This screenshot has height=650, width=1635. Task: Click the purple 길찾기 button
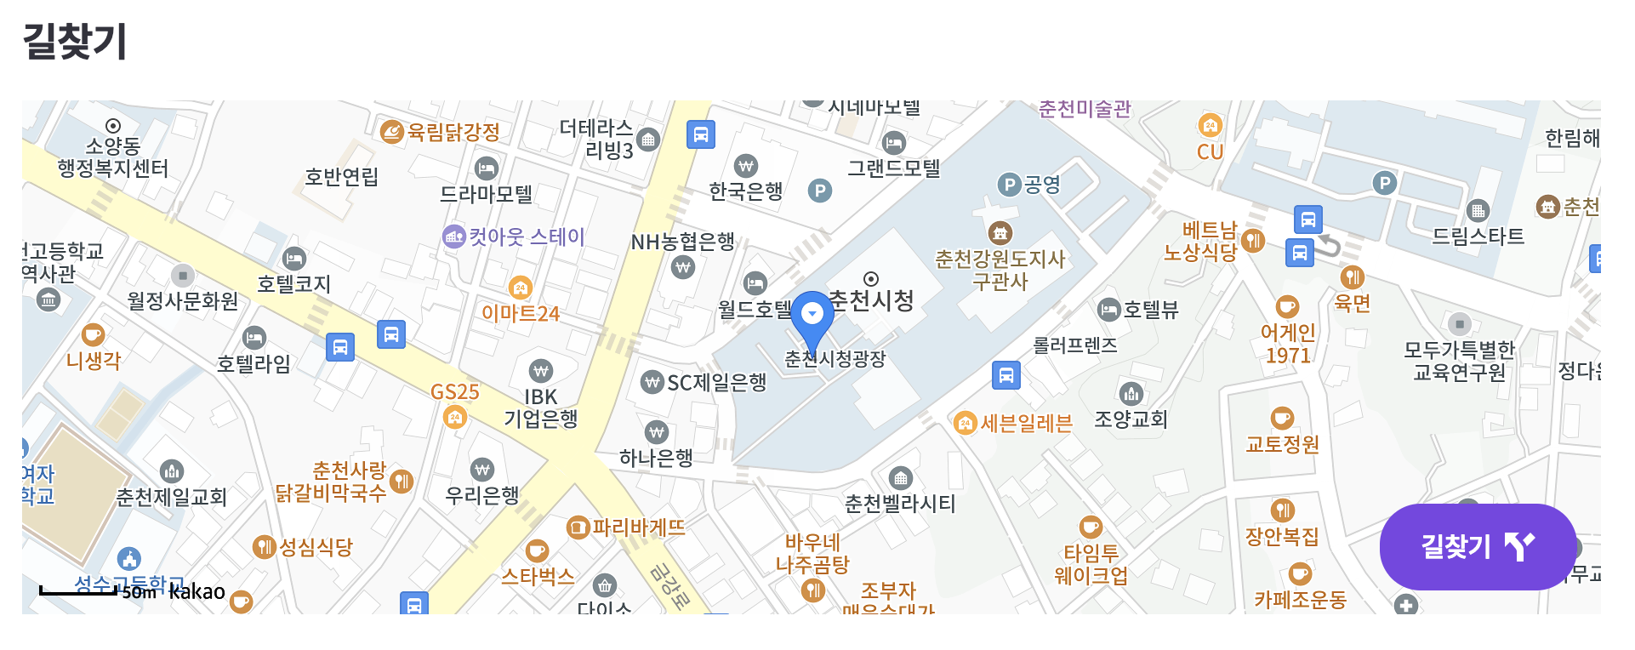(x=1478, y=546)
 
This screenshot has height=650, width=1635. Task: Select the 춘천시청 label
(x=871, y=300)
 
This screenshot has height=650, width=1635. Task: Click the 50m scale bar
(x=78, y=590)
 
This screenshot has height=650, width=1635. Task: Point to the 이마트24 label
(x=521, y=313)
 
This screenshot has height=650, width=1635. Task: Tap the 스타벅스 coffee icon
(x=537, y=551)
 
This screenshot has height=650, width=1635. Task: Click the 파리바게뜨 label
(x=638, y=527)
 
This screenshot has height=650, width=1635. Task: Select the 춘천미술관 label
(x=1085, y=109)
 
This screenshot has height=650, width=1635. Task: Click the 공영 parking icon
(x=1009, y=184)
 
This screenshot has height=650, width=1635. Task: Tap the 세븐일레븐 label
(x=1027, y=423)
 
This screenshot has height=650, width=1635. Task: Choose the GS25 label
(x=454, y=392)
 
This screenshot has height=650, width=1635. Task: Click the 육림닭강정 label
(x=453, y=132)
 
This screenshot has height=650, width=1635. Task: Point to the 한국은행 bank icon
(x=746, y=165)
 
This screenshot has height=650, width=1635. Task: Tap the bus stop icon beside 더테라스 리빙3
(x=700, y=134)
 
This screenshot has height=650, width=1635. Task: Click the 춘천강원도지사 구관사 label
(x=1000, y=270)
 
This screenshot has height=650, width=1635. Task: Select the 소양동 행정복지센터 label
(x=113, y=157)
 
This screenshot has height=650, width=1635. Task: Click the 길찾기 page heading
(x=75, y=41)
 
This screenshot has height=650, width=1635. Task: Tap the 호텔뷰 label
(x=1151, y=310)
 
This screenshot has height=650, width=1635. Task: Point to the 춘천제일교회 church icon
(x=172, y=470)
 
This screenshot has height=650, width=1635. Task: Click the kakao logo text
(x=197, y=591)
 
